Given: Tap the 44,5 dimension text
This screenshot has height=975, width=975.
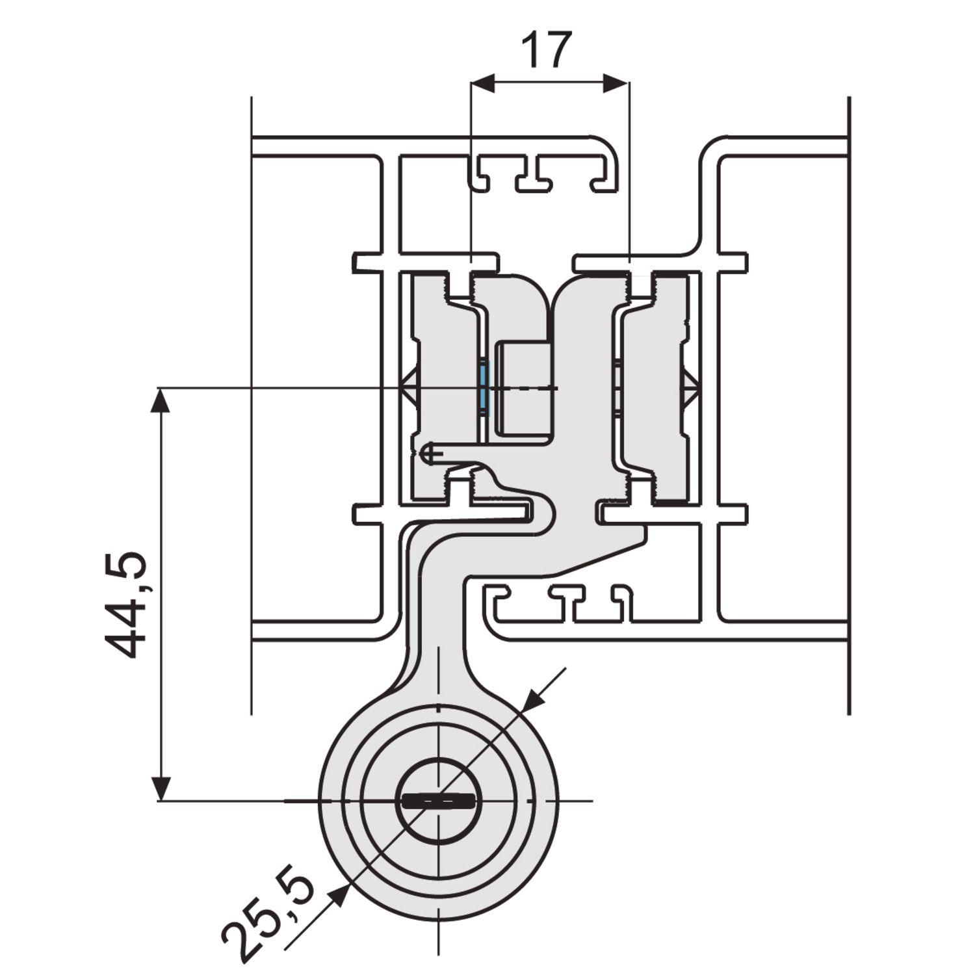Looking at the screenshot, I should (126, 604).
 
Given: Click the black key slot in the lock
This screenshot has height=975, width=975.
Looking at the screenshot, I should (438, 801).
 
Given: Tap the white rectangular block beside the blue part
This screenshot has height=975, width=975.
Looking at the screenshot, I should (524, 389).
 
